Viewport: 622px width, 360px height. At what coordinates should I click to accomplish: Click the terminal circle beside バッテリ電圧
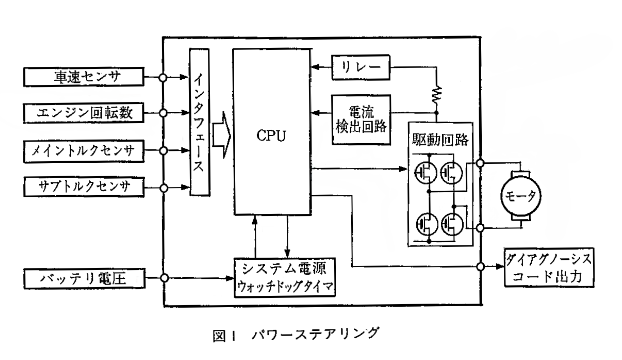click(163, 277)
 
